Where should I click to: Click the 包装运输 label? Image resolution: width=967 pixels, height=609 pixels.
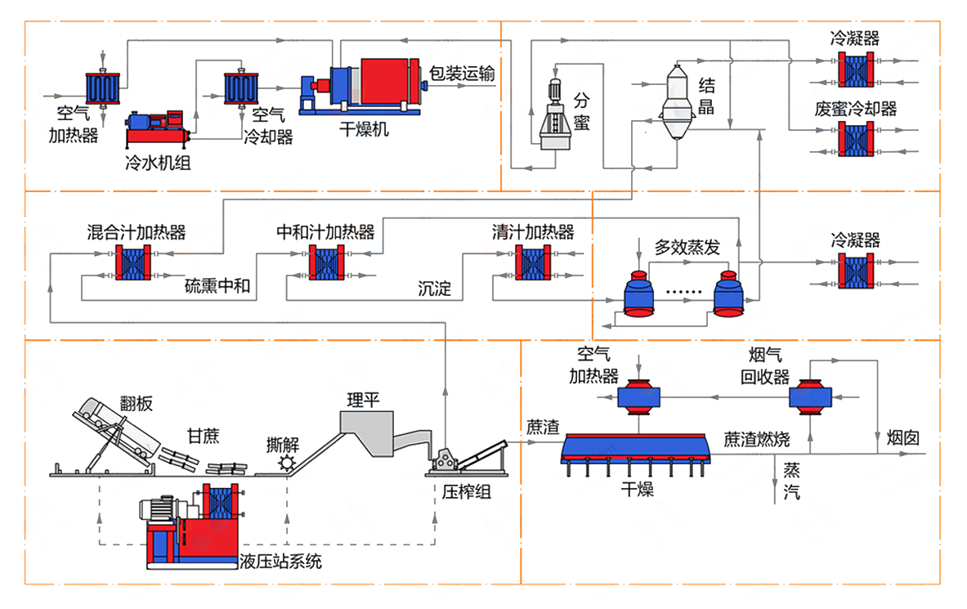[x=462, y=74]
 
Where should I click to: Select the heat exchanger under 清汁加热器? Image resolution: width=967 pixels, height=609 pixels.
[x=532, y=263]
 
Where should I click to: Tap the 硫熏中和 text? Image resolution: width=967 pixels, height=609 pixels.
[x=217, y=286]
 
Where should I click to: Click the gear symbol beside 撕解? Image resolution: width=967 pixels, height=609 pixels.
[x=286, y=463]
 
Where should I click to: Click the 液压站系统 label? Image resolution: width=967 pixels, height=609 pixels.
[x=281, y=562]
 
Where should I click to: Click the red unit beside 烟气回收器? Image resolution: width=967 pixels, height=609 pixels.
[x=810, y=396]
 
